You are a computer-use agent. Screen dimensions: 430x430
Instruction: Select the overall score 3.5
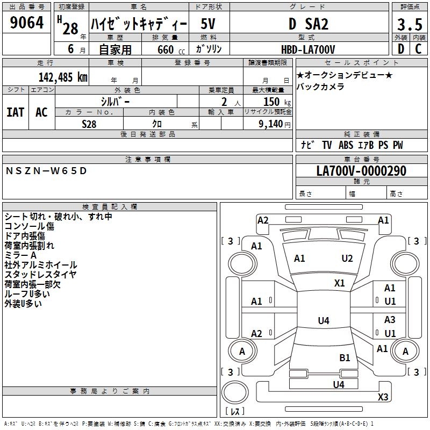[409, 25]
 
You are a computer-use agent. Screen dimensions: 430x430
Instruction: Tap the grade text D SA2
[308, 24]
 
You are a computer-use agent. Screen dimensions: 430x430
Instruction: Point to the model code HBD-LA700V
[308, 49]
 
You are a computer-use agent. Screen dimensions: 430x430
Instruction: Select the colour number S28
[89, 123]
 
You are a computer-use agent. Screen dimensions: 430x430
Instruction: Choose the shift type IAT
[15, 112]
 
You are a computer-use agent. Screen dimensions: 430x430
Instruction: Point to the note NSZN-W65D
[46, 171]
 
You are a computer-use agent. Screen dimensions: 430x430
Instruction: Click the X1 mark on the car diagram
[340, 283]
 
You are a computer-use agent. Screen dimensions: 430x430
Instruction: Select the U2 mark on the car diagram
[347, 259]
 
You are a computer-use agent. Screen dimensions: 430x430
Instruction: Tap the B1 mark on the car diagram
[345, 357]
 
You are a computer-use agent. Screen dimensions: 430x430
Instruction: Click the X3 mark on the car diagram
[383, 397]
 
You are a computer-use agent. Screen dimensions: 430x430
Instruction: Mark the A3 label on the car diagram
[390, 320]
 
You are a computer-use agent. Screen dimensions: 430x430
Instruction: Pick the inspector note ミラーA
[21, 255]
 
